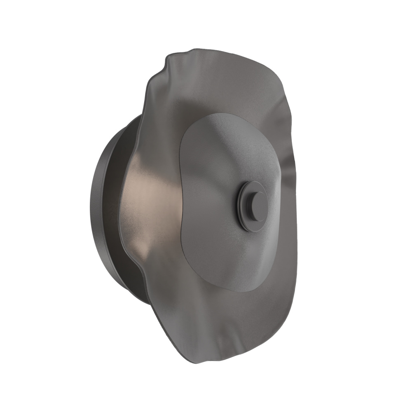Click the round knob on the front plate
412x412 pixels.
(x=253, y=205)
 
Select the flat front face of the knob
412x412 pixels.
(x=256, y=204)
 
